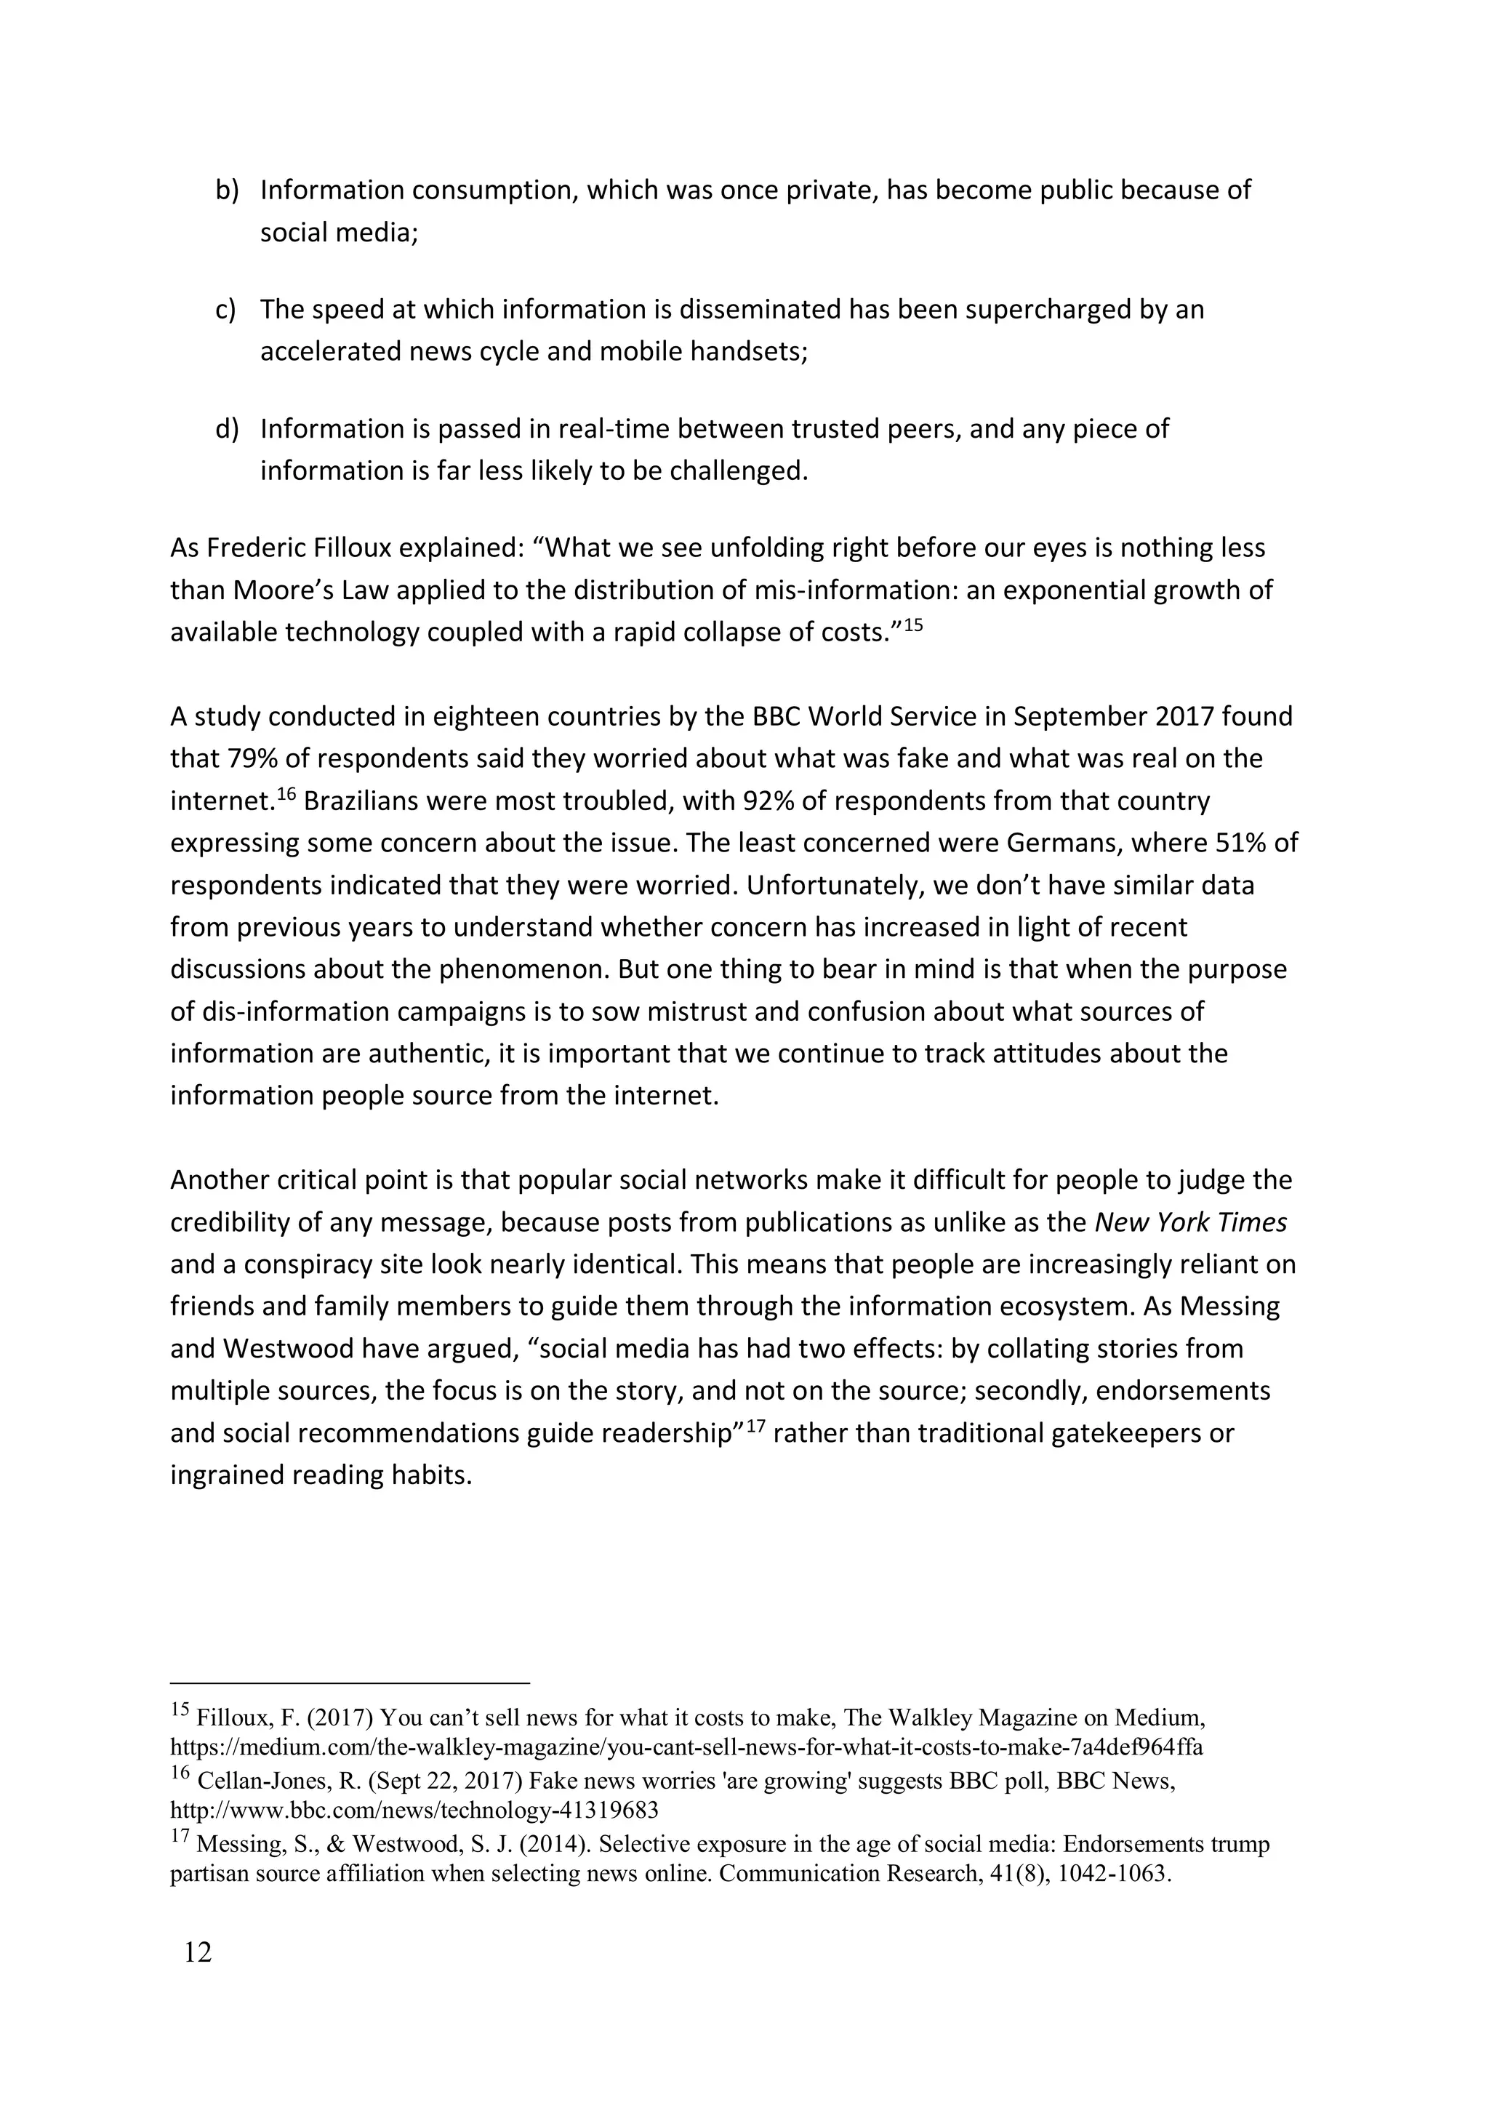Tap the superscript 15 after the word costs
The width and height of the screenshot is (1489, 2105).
pos(912,625)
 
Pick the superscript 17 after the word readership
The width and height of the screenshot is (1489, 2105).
pos(755,1427)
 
